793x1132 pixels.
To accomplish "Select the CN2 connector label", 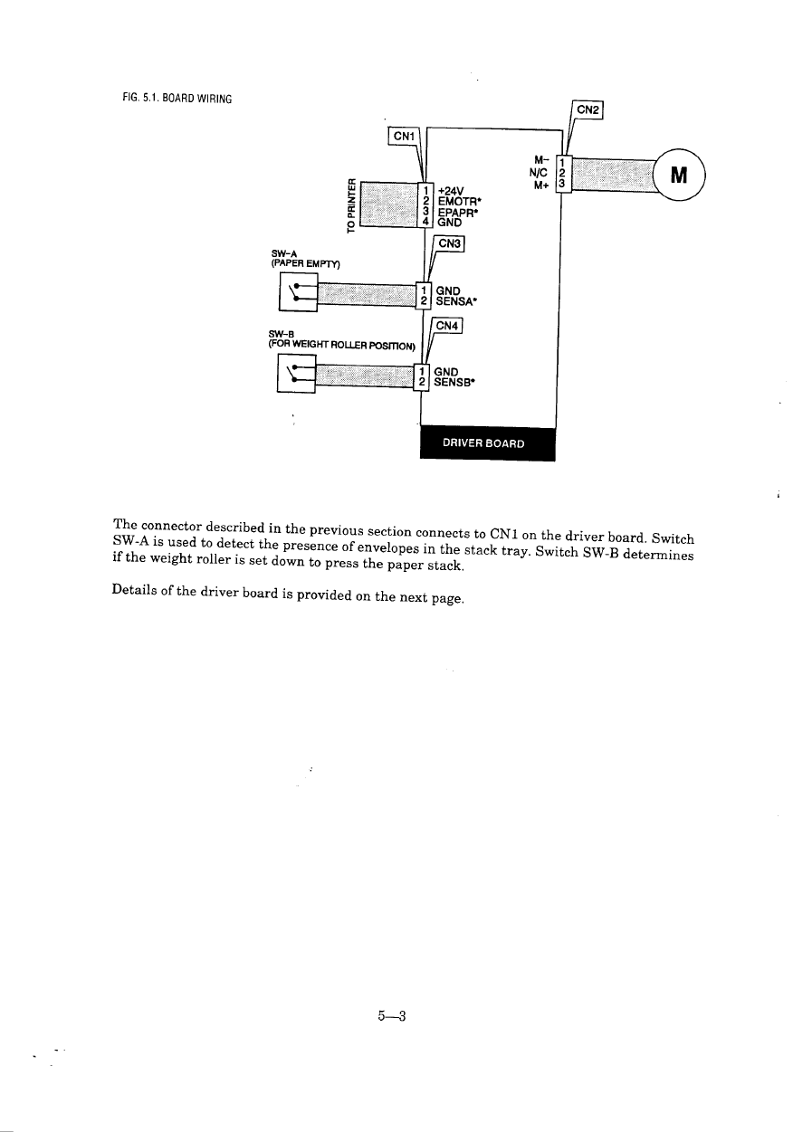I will point(588,109).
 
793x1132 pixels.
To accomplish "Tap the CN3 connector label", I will point(450,244).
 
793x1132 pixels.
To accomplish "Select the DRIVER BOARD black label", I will point(487,443).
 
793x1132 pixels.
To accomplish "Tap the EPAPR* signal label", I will point(456,213).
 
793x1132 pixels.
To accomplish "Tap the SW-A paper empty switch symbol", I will point(298,292).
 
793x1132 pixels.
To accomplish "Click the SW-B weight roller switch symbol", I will point(296,374).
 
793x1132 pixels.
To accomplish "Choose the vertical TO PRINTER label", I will point(349,200).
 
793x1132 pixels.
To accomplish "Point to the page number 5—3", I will point(390,1015).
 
